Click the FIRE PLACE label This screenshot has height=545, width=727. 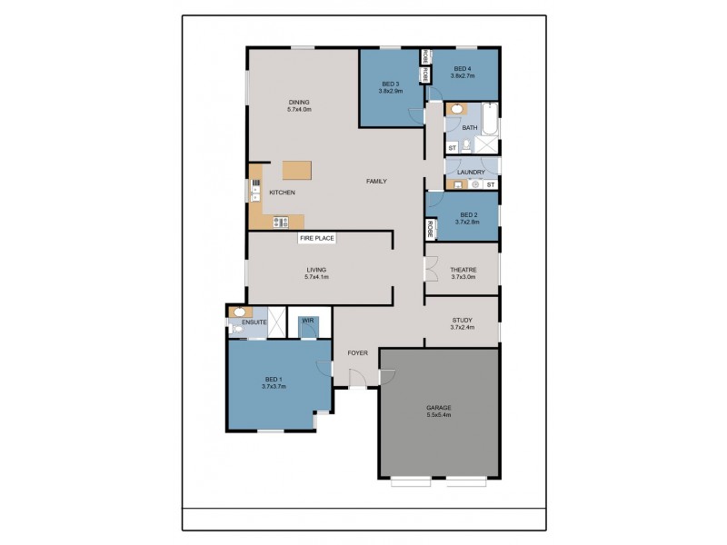tap(318, 239)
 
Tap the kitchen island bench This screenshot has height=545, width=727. tap(296, 170)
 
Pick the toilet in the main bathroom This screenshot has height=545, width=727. tap(464, 144)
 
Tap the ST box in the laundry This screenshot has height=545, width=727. tap(491, 185)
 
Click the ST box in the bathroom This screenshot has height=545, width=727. tap(452, 147)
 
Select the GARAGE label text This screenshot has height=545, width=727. tap(438, 408)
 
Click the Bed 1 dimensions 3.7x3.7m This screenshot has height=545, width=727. tap(274, 386)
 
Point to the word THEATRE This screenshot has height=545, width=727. tap(463, 269)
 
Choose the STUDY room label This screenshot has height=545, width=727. tap(463, 320)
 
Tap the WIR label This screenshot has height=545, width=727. tap(308, 321)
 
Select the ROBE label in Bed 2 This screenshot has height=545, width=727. tap(429, 229)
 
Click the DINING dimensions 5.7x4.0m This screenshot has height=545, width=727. tap(299, 110)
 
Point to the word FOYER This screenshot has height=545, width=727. tap(356, 352)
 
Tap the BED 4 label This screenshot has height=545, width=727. tap(463, 69)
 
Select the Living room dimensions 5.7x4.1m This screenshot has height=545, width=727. tap(316, 276)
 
